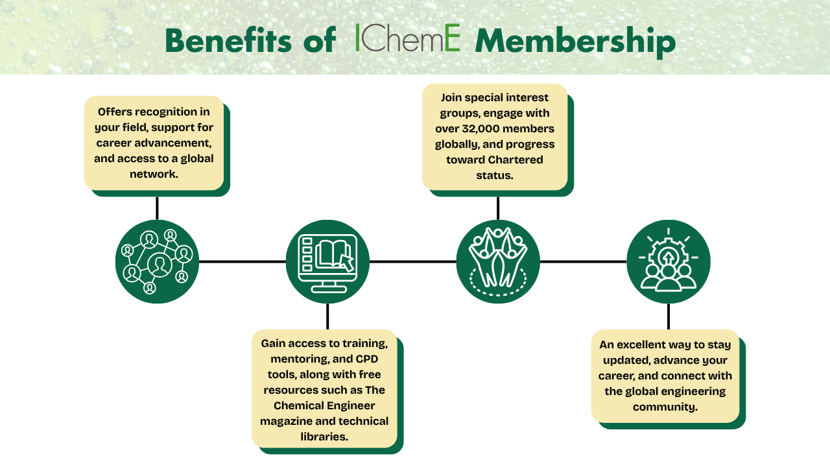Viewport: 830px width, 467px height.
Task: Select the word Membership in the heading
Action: point(575,41)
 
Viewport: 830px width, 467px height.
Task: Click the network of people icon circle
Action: point(157,261)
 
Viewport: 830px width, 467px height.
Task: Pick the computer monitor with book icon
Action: point(327,261)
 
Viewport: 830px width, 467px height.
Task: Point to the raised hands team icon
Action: point(498,261)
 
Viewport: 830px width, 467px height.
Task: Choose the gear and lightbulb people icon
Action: point(669,261)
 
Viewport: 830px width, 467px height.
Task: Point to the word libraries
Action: point(324,437)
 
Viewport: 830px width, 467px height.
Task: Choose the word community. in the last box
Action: point(665,407)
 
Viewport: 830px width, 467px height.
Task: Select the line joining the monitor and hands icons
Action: point(413,261)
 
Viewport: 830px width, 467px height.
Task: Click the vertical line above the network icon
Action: point(157,208)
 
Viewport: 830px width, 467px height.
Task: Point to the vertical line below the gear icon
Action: point(669,317)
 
